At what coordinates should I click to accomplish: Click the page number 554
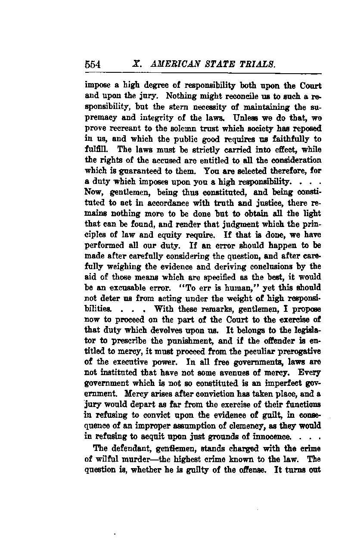coord(93,65)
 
